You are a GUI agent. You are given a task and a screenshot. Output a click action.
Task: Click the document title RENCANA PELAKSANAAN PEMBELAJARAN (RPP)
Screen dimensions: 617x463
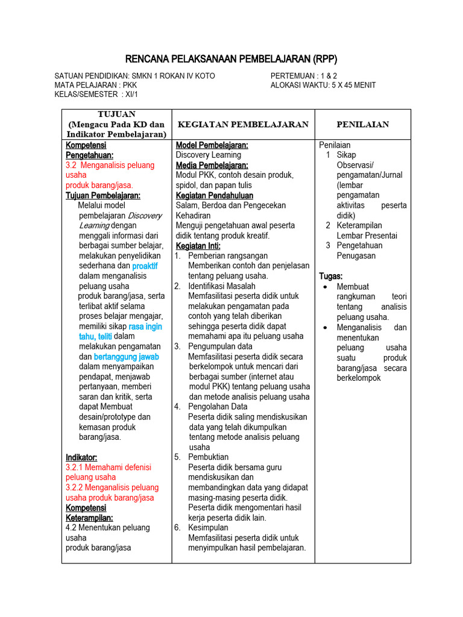pos(231,58)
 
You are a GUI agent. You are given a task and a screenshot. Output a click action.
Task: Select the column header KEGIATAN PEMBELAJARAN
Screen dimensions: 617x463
pos(243,124)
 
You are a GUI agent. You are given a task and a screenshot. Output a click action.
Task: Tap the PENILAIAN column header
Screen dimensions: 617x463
pos(362,124)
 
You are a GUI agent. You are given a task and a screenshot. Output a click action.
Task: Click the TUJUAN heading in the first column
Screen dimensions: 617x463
pos(116,114)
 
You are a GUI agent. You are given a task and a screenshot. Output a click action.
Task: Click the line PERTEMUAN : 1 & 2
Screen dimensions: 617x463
pos(304,75)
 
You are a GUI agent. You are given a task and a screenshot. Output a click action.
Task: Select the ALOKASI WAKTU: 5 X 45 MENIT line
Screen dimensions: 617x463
pos(323,85)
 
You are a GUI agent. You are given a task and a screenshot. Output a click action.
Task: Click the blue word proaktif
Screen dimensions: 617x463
pos(145,266)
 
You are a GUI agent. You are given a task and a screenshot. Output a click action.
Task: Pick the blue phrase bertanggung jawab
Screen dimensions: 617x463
pos(126,357)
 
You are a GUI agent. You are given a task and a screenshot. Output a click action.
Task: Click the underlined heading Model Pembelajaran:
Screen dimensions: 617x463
pos(212,145)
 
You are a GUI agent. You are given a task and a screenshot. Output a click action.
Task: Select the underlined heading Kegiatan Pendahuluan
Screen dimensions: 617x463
pos(215,195)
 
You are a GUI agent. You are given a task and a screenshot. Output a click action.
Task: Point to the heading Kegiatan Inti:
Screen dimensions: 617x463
pos(198,246)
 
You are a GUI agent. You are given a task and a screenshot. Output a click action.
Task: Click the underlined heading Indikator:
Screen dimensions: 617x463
pos(81,457)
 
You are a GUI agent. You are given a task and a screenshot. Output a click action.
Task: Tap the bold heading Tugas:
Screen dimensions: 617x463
pos(330,276)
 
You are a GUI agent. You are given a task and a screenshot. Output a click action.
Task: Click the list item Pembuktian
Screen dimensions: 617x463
pos(209,457)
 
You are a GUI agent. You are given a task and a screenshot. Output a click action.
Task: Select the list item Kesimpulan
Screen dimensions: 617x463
pos(209,527)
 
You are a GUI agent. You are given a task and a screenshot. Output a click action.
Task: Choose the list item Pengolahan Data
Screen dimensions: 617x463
pos(218,407)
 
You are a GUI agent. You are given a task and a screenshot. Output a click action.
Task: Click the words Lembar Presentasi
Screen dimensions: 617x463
pos(367,236)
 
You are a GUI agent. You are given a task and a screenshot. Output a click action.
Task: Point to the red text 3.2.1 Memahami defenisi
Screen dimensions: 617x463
pos(109,467)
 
